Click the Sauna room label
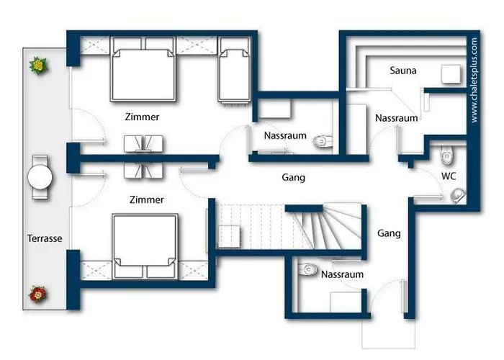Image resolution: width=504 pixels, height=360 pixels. click(403, 71)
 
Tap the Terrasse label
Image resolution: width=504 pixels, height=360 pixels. click(45, 238)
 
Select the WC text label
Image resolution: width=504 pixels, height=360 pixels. click(449, 176)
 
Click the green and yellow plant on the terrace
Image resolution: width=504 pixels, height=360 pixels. click(39, 66)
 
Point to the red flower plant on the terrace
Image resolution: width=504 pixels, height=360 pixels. click(38, 294)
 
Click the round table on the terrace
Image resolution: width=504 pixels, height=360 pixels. click(40, 177)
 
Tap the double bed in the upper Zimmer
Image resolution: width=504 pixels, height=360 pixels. click(143, 69)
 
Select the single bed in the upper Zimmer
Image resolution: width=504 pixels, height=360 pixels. click(234, 70)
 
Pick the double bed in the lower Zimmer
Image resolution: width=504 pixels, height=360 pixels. click(145, 246)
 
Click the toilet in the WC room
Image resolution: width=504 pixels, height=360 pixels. click(447, 155)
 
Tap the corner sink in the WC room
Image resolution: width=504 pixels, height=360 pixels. click(458, 195)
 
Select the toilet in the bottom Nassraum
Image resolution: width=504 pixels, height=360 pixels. click(307, 269)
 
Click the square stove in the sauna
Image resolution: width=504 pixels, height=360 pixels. click(451, 74)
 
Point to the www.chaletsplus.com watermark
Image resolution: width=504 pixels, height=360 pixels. click(474, 80)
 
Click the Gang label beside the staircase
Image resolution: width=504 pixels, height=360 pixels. click(389, 233)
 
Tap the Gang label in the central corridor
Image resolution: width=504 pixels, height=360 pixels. click(294, 177)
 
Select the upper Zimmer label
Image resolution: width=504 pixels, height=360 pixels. click(142, 117)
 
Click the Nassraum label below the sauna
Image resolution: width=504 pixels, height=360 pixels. click(396, 118)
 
